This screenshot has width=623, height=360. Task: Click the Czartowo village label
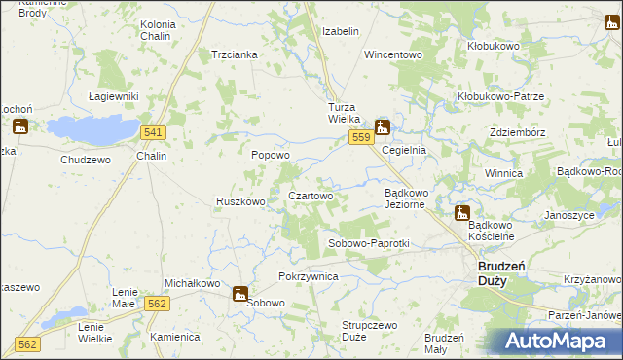coord(311,196)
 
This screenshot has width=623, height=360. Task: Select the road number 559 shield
coord(361,139)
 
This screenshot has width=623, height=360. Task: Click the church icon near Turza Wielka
coord(383,126)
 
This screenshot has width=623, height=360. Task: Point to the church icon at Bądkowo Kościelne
coord(462,213)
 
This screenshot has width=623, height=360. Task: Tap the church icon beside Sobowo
coord(239,293)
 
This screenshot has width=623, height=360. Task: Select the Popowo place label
coord(271,155)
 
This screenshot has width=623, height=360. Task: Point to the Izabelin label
coord(341,31)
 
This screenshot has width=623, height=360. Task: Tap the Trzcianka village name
coord(235,54)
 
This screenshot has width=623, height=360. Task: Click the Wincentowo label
coord(393,54)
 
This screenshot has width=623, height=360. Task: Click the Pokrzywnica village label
coord(308,276)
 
